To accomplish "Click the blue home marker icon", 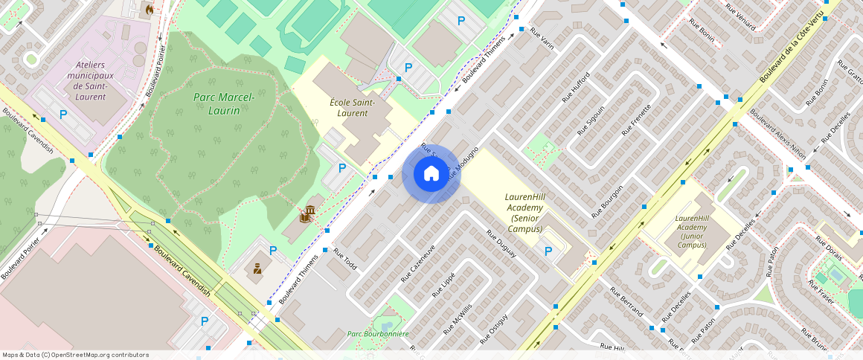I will click(x=431, y=173).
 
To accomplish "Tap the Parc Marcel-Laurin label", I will click(x=224, y=104).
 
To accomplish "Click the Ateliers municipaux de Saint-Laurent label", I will click(x=90, y=81).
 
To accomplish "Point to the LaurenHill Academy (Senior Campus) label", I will click(x=529, y=213).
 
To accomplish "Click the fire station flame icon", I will click(x=150, y=10).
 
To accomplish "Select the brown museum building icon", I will click(x=306, y=215).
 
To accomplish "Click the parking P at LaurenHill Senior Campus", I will click(x=548, y=251).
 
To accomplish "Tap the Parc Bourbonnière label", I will click(x=378, y=334).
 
